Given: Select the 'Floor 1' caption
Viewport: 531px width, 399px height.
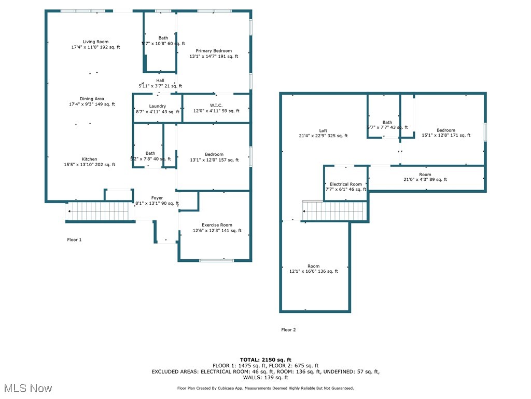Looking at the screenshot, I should pos(74,240).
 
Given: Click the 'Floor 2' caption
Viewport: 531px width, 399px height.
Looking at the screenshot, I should pos(288,330).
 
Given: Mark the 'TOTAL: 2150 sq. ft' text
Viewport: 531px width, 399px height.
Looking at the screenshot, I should pos(265,360).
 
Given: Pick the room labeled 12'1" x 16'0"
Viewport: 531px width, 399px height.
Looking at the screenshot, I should pos(314,269).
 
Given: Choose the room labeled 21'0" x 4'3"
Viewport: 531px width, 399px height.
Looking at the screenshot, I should pos(425,177).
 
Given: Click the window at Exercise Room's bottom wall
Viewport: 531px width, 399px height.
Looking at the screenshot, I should pos(216,260).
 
